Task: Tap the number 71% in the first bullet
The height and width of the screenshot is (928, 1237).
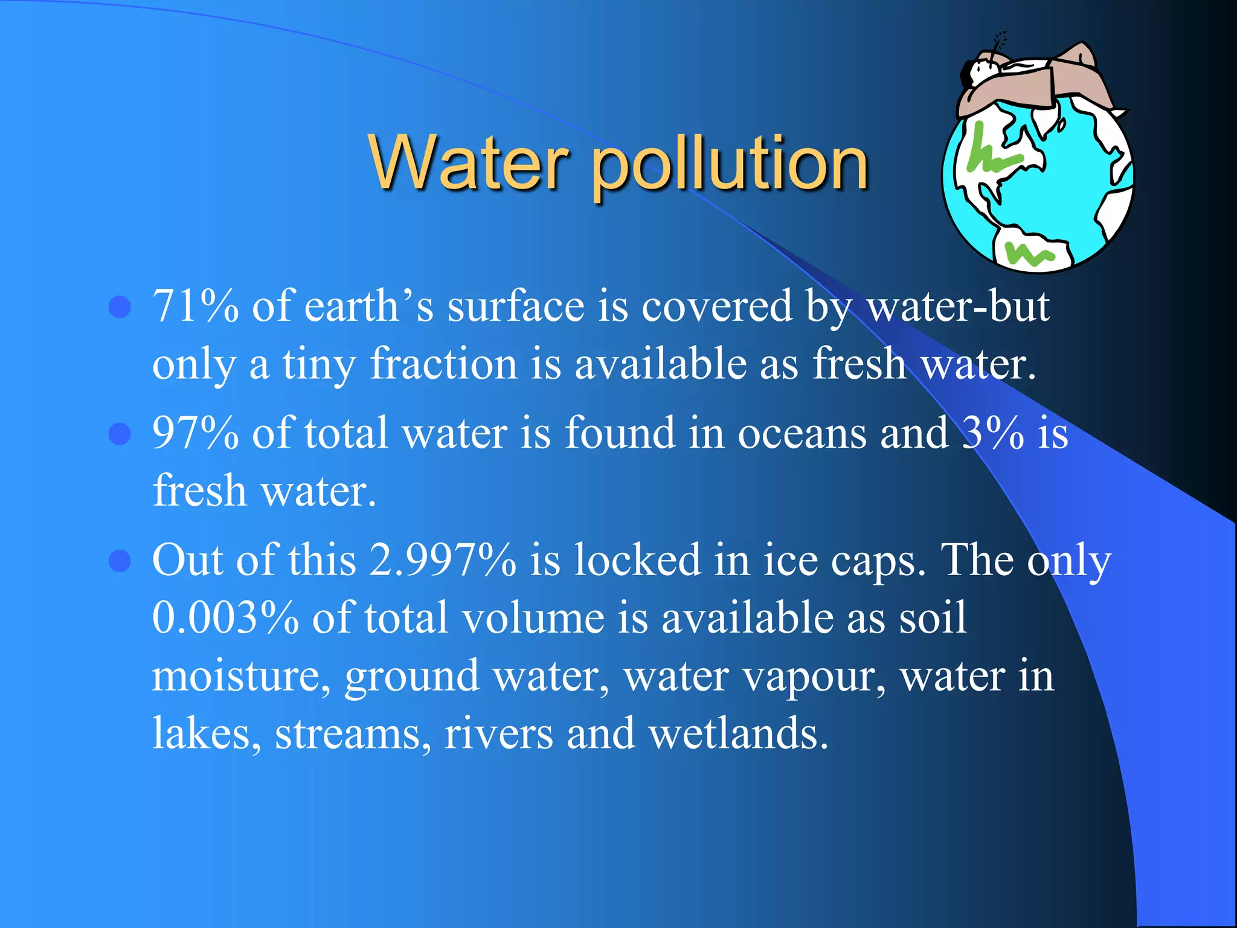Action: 195,306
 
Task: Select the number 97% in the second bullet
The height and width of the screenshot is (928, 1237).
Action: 195,433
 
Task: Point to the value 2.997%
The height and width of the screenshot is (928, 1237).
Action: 442,559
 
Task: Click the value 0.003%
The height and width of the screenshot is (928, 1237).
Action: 225,617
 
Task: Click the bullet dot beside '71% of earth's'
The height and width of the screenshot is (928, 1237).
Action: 120,306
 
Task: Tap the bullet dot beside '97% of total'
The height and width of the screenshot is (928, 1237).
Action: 120,433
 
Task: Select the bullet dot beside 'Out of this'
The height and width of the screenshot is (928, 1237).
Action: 120,560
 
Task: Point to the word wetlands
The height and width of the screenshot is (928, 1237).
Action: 737,733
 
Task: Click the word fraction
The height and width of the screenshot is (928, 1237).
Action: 443,364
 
